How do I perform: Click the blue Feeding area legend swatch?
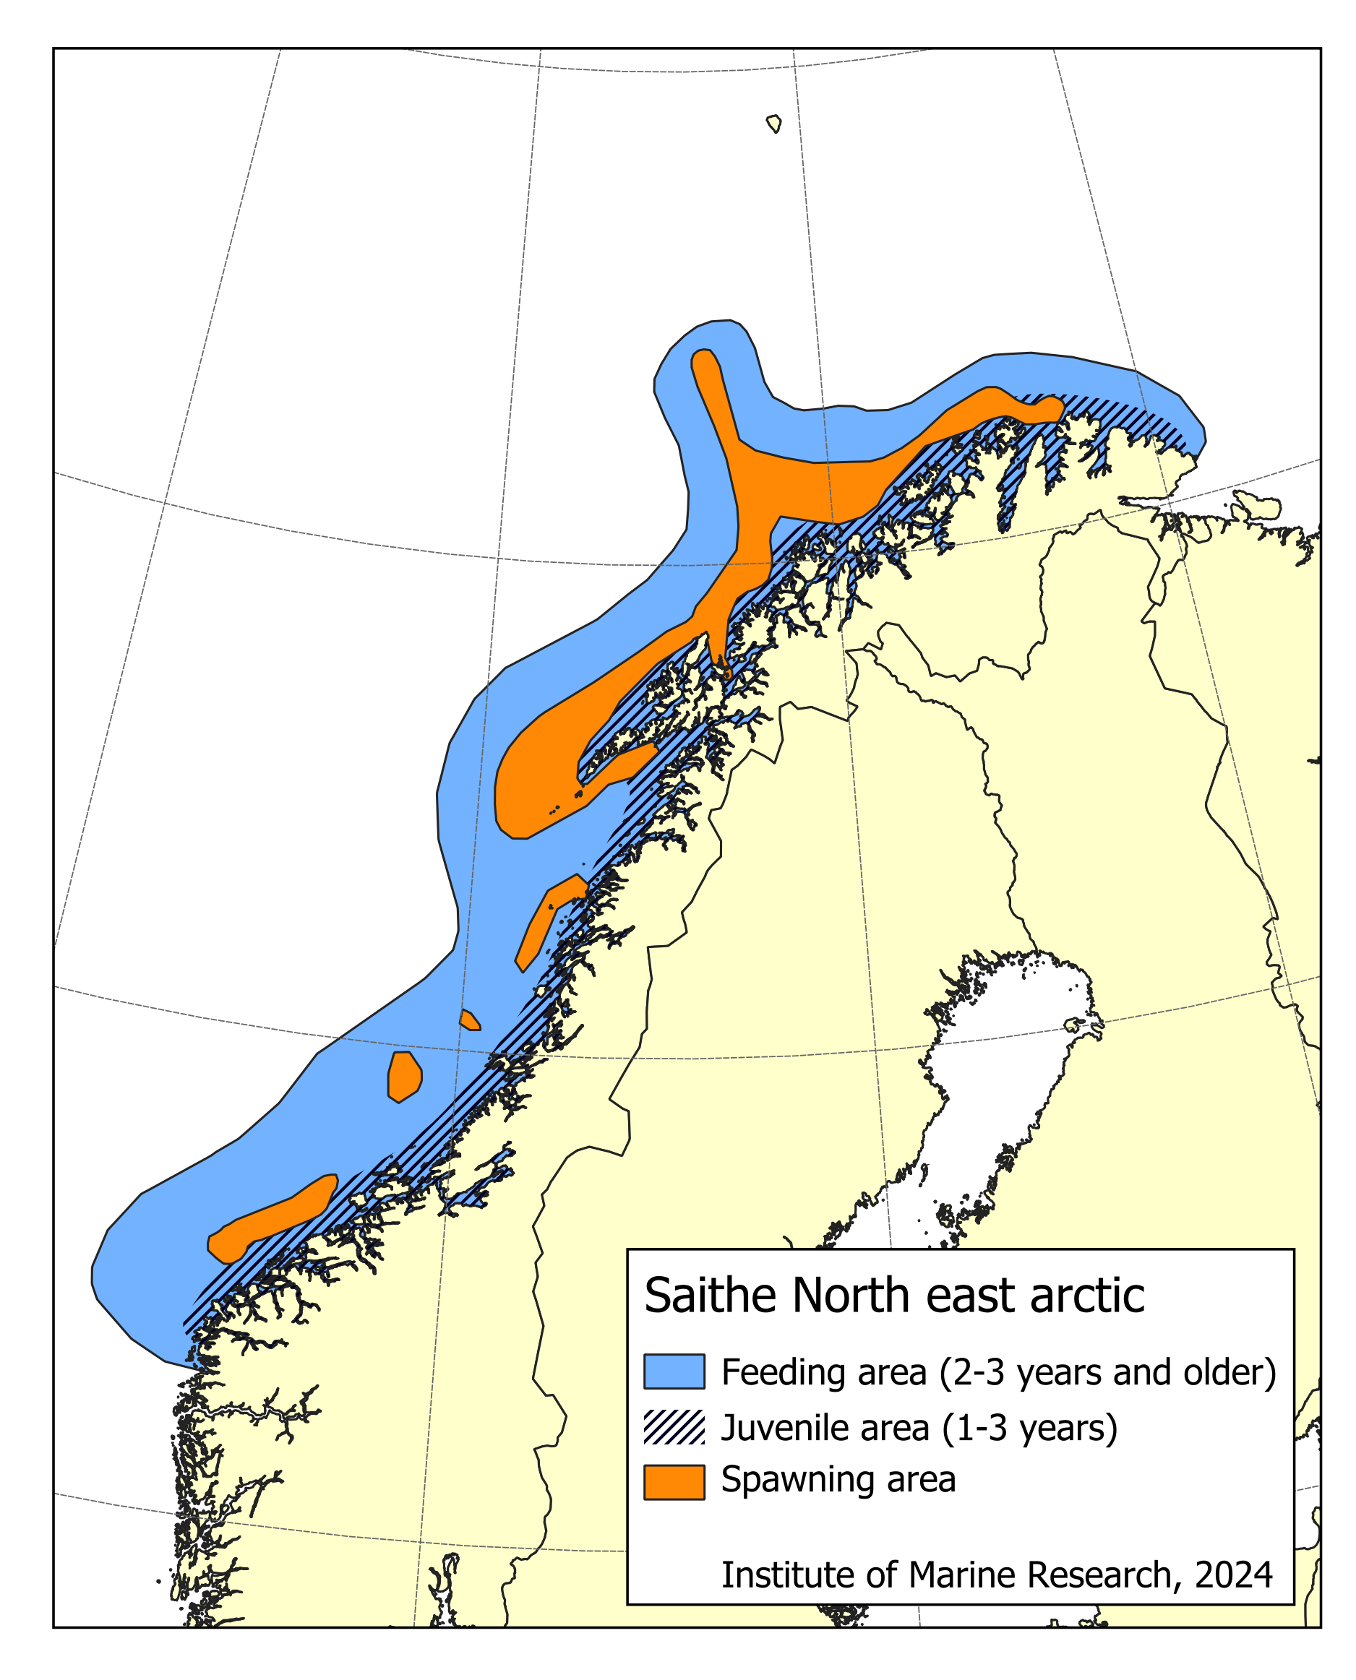(674, 1371)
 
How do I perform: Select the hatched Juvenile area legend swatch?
(674, 1427)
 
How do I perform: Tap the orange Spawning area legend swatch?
(674, 1482)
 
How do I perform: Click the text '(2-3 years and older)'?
(1107, 1372)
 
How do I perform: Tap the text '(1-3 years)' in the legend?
(1029, 1428)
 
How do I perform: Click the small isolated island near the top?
(774, 124)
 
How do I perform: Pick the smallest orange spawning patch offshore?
(469, 1020)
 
